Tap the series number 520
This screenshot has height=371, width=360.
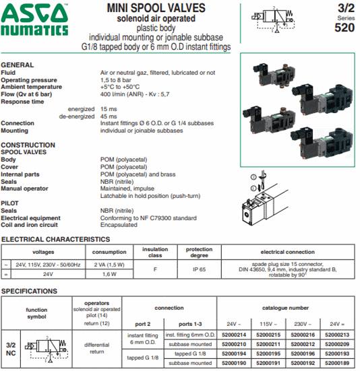(344, 28)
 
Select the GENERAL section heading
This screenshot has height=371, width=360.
(18, 65)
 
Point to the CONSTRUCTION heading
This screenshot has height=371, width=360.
(28, 145)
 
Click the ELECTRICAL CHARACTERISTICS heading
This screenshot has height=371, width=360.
(55, 239)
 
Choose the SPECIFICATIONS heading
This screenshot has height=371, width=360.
(29, 291)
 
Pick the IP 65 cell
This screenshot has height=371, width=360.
(199, 269)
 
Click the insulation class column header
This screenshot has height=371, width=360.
(155, 252)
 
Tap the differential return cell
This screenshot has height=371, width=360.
(96, 348)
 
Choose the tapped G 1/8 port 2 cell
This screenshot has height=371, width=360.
(142, 358)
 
